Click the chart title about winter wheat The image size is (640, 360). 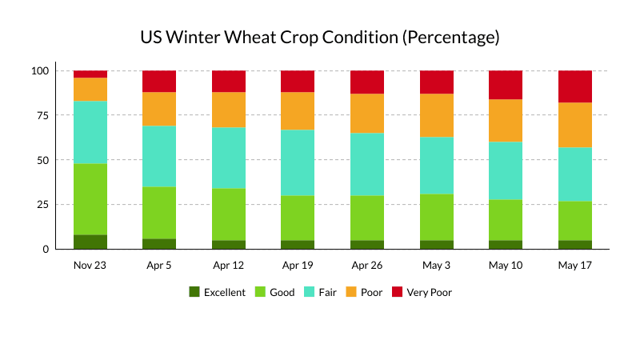[x=320, y=38]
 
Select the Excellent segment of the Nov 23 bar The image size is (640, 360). [x=90, y=242]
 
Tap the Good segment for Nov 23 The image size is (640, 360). [x=90, y=199]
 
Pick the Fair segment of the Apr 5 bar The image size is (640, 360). [x=159, y=156]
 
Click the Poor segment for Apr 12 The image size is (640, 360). [x=229, y=110]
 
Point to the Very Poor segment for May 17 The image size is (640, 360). [x=575, y=86]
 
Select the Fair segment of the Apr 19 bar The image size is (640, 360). [x=298, y=162]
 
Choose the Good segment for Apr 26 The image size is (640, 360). [x=367, y=218]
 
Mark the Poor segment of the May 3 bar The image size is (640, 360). [x=437, y=115]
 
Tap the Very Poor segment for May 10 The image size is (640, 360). [x=506, y=85]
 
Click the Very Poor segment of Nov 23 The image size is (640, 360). [x=90, y=74]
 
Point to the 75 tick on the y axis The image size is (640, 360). [x=43, y=115]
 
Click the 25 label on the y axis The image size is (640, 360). [x=43, y=205]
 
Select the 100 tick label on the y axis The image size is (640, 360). [x=40, y=71]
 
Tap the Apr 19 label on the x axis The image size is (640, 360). [x=298, y=266]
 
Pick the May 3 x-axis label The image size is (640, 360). [x=436, y=266]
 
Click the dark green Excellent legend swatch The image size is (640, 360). [x=194, y=292]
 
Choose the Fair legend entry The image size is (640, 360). [x=321, y=292]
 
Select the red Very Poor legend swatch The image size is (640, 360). [x=397, y=292]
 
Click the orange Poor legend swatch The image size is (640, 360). [x=351, y=292]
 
